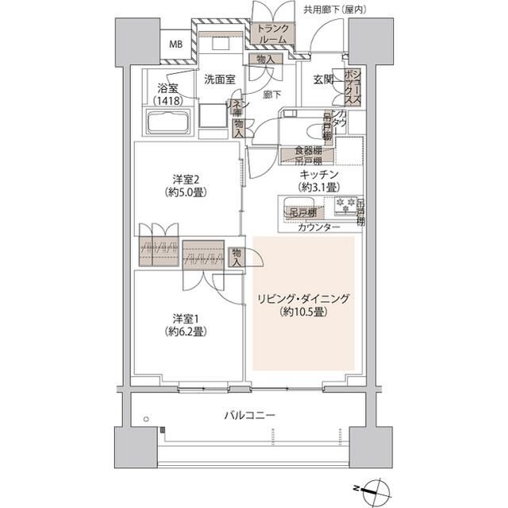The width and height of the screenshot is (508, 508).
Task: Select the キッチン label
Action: (x=320, y=173)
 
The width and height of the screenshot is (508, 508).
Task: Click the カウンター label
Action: (x=319, y=227)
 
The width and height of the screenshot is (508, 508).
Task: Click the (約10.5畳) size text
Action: (x=303, y=312)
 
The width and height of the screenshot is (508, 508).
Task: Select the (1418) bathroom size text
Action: (x=167, y=101)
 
